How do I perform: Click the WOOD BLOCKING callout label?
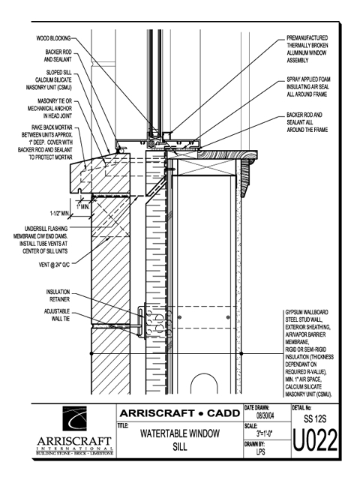(x=53, y=38)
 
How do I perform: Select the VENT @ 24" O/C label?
(x=55, y=265)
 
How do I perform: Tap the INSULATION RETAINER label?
(x=58, y=295)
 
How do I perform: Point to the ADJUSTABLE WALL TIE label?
(x=57, y=315)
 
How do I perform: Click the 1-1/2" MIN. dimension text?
(x=60, y=213)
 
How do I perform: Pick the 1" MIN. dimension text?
(x=83, y=207)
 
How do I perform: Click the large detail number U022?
(x=315, y=440)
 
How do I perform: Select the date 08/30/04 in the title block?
(x=265, y=415)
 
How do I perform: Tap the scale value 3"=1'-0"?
(x=265, y=433)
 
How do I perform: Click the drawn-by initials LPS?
(x=261, y=451)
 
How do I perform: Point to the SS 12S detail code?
(x=315, y=418)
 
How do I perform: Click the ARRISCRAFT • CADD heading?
(x=180, y=413)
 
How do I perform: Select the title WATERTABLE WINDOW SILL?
(x=180, y=440)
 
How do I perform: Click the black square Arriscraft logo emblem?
(x=75, y=418)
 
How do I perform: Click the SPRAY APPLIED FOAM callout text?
(x=308, y=87)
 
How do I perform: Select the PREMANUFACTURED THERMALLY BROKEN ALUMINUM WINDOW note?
(x=307, y=49)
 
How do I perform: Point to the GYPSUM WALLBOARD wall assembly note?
(x=309, y=353)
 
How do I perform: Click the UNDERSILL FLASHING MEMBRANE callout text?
(x=40, y=240)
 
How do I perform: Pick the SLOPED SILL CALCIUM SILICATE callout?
(x=49, y=80)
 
